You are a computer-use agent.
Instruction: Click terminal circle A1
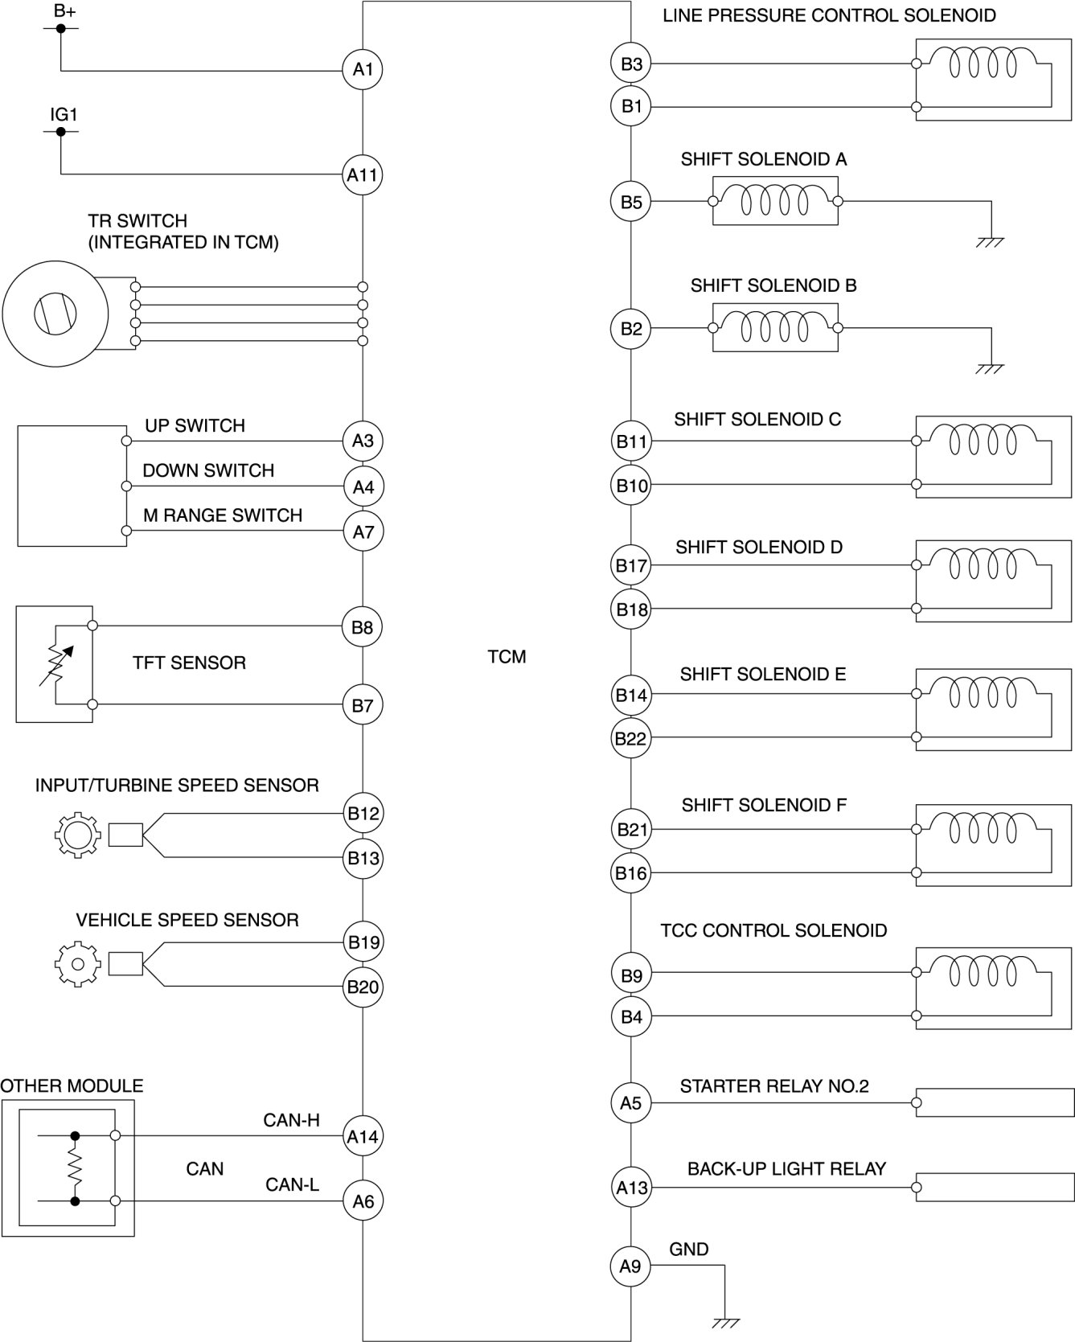pyautogui.click(x=363, y=70)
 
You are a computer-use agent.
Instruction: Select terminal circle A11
pyautogui.click(x=363, y=174)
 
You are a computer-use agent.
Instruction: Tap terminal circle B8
pyautogui.click(x=363, y=627)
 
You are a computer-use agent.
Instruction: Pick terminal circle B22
pyautogui.click(x=630, y=738)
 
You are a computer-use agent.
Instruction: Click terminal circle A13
pyautogui.click(x=630, y=1187)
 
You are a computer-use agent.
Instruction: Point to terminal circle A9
pyautogui.click(x=630, y=1266)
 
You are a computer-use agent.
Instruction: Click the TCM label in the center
pyautogui.click(x=507, y=657)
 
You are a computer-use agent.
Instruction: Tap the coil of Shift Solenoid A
pyautogui.click(x=775, y=200)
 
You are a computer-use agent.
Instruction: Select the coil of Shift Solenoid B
pyautogui.click(x=775, y=327)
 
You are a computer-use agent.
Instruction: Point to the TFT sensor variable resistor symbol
pyautogui.click(x=55, y=664)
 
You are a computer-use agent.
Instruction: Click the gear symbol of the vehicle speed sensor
pyautogui.click(x=77, y=963)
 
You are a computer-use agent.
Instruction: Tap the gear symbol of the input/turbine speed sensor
pyautogui.click(x=77, y=835)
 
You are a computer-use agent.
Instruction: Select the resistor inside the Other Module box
pyautogui.click(x=75, y=1168)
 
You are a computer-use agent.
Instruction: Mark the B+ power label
pyautogui.click(x=64, y=11)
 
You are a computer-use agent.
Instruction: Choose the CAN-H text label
pyautogui.click(x=292, y=1120)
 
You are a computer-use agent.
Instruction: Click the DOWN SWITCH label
pyautogui.click(x=208, y=470)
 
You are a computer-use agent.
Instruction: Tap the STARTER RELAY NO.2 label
pyautogui.click(x=774, y=1086)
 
